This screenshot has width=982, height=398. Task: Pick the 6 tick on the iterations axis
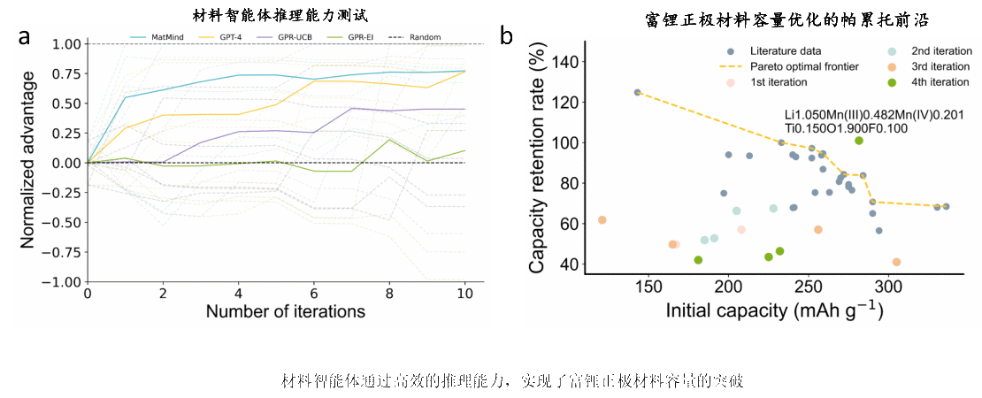click(314, 293)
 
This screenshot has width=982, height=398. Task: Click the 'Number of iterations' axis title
click(286, 311)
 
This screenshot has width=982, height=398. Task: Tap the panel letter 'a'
click(24, 37)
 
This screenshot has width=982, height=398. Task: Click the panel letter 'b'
click(506, 36)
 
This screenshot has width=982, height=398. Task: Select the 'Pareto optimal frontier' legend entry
click(797, 66)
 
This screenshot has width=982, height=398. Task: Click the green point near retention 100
click(858, 141)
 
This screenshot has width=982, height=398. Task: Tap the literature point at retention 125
click(637, 92)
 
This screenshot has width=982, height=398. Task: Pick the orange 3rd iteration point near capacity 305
click(896, 262)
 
